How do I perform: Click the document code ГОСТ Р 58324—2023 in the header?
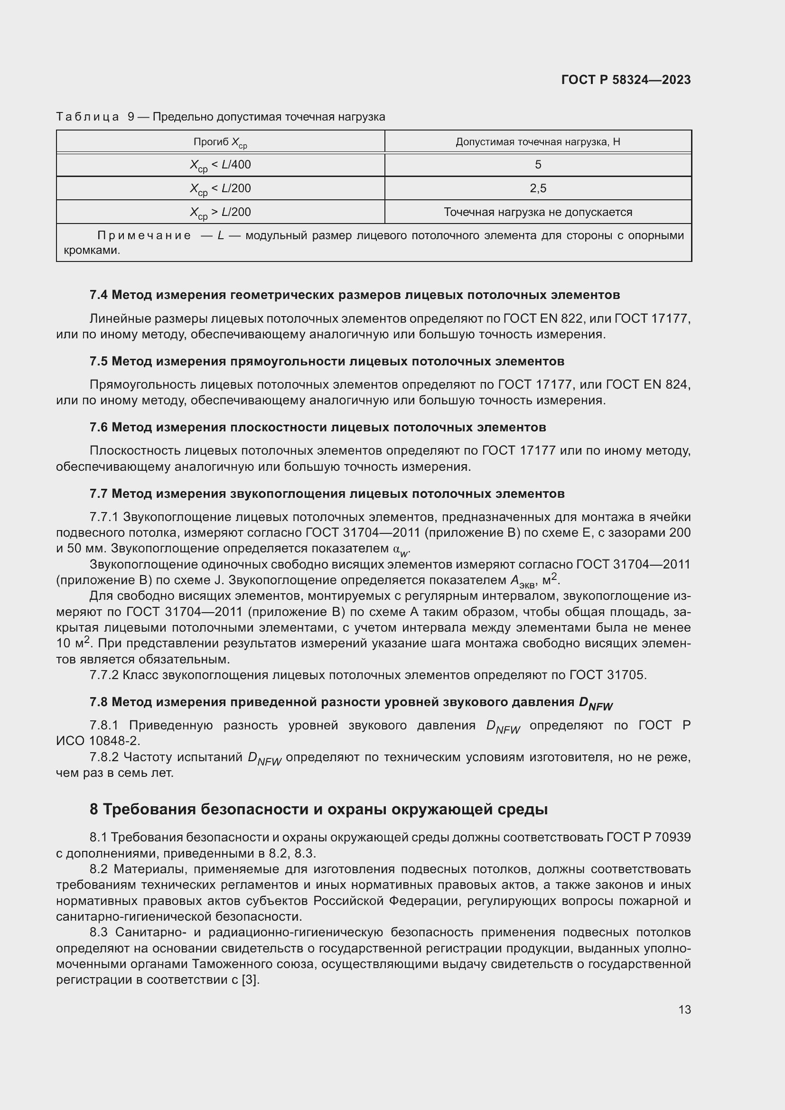[626, 80]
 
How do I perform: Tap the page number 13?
[684, 1009]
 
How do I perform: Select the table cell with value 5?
[538, 165]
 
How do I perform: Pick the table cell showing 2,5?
[538, 188]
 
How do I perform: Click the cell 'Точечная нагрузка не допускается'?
[538, 212]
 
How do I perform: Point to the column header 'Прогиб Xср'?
[220, 142]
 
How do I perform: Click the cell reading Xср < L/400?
[220, 165]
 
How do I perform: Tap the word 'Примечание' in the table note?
[144, 236]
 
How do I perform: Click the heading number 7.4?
[99, 295]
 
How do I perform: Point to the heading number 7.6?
[99, 428]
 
